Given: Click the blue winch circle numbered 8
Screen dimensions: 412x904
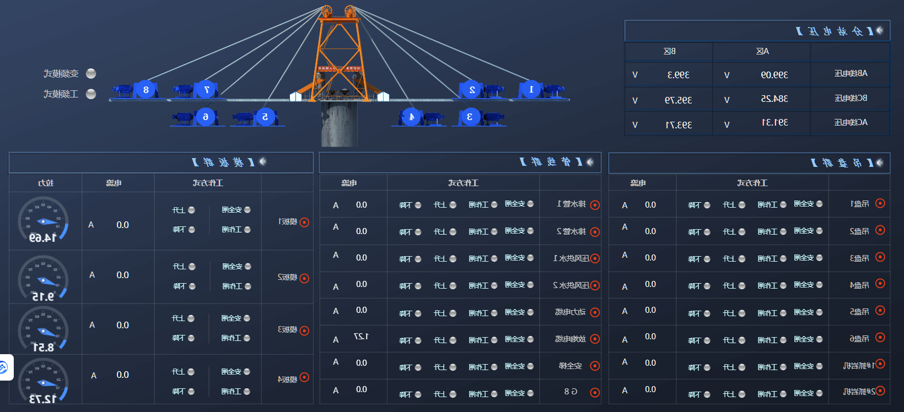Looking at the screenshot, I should (146, 90).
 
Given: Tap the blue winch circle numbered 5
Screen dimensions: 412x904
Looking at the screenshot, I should (265, 117).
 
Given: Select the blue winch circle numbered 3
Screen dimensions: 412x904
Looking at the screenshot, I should (470, 117).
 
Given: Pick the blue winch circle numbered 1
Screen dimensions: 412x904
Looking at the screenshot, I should (531, 89).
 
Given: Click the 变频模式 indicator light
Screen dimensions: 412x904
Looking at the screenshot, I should (92, 73).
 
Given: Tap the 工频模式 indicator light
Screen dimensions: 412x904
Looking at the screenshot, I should (92, 94).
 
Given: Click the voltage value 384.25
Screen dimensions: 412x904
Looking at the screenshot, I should (774, 99).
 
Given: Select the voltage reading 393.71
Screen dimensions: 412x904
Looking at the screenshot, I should (679, 125).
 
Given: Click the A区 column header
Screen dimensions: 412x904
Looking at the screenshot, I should (762, 51).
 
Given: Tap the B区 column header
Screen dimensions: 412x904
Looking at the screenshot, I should (669, 51).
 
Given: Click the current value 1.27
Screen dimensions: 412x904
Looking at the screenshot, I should (361, 337).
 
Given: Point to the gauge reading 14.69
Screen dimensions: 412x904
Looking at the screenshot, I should (43, 238).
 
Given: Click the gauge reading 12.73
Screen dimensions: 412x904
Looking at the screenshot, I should (43, 399).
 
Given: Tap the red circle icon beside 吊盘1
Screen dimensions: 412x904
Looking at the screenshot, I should (880, 203).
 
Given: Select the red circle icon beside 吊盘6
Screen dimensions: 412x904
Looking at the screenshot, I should (880, 338).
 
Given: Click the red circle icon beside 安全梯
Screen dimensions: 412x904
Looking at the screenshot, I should (595, 366).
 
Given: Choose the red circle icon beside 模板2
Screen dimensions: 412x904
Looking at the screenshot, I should (304, 278).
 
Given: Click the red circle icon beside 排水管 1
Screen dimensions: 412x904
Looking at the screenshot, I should (595, 205).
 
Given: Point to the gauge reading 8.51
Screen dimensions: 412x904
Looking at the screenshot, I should (43, 348).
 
